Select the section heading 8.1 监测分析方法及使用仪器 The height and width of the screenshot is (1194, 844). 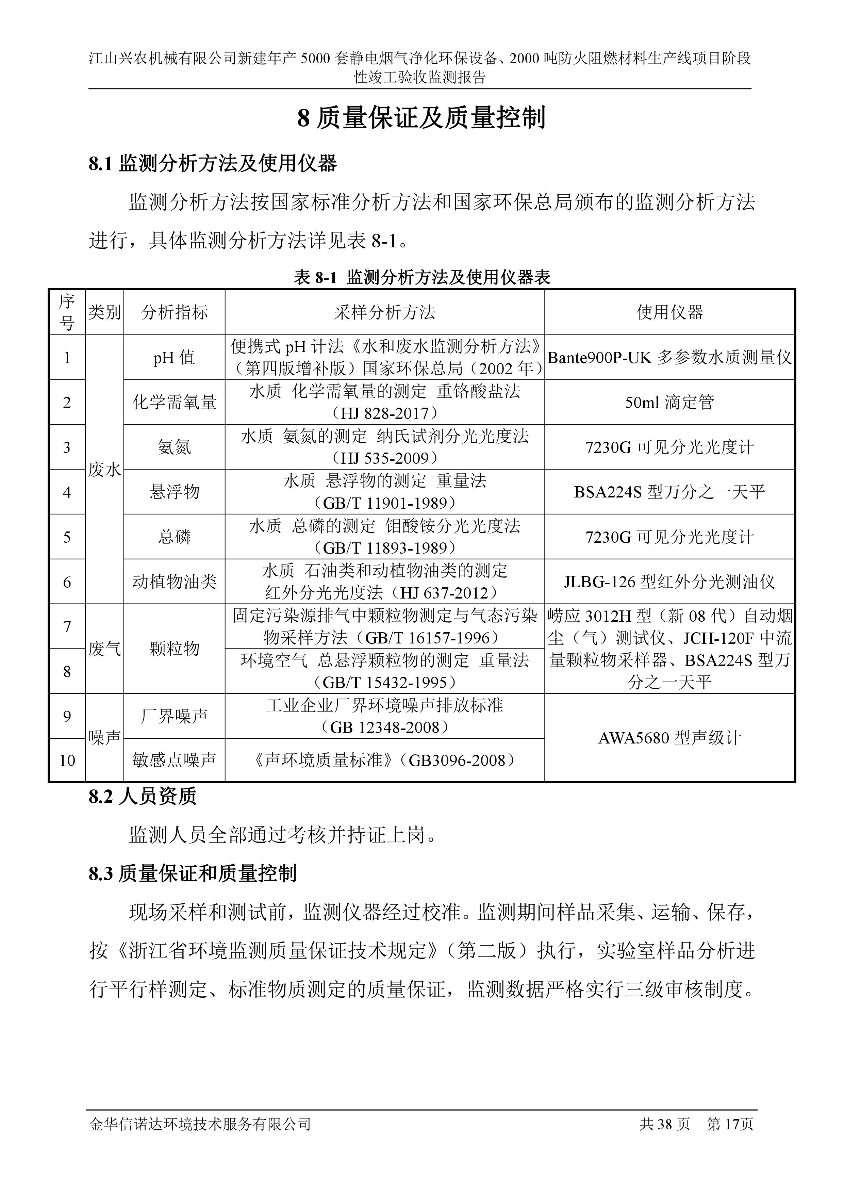click(x=213, y=164)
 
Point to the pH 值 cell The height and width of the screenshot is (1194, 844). click(x=174, y=357)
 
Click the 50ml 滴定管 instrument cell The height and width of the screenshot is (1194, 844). click(x=669, y=402)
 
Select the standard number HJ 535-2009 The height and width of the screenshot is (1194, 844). click(x=384, y=458)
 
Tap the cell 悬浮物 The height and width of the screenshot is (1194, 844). click(x=174, y=492)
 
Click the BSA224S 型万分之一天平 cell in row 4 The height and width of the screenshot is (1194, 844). click(x=669, y=492)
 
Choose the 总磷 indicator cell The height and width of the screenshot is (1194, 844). click(x=174, y=537)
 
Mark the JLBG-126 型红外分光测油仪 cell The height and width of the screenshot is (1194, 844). click(x=669, y=582)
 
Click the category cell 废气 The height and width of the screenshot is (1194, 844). click(x=104, y=649)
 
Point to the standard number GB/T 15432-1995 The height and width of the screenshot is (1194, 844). click(x=384, y=682)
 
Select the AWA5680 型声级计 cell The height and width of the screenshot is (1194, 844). click(x=669, y=737)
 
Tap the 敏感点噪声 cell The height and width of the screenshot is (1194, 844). click(x=174, y=760)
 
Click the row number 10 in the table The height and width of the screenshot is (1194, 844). click(x=67, y=760)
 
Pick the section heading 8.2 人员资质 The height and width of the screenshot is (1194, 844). click(x=143, y=797)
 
